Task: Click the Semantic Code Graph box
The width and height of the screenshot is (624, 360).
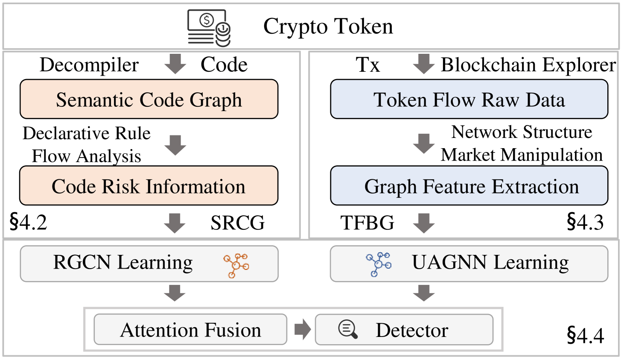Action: pos(149,99)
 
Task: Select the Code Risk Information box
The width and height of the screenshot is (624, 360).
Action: pos(149,186)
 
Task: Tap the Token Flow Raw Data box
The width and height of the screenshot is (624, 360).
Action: pos(469,99)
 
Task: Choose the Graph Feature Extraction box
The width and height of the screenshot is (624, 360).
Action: pos(469,186)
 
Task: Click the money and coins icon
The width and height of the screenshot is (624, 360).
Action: pos(209,28)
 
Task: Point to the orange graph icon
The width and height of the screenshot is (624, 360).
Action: pos(236,266)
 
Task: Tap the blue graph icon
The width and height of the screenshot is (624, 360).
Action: pos(379,264)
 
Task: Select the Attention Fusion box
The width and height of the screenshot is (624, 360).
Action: pos(190,330)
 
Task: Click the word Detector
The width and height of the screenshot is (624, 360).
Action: pos(412,330)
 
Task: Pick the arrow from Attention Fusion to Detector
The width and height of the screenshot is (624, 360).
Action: pos(303,329)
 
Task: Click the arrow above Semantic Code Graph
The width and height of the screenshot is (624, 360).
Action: pos(175,64)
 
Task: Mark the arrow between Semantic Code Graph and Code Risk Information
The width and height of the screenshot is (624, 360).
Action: pos(175,145)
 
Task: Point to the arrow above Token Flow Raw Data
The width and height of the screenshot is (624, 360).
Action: pos(424,64)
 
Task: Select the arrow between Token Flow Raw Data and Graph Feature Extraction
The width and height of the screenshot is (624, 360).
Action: pos(424,143)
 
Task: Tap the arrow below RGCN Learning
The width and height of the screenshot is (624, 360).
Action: pos(175,293)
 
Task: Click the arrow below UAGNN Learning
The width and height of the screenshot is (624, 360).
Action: pos(424,293)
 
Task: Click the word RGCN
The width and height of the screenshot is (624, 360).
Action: pos(82,262)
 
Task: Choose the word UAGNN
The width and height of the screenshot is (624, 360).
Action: pos(449,262)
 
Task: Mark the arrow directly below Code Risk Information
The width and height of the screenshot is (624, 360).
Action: pos(175,223)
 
